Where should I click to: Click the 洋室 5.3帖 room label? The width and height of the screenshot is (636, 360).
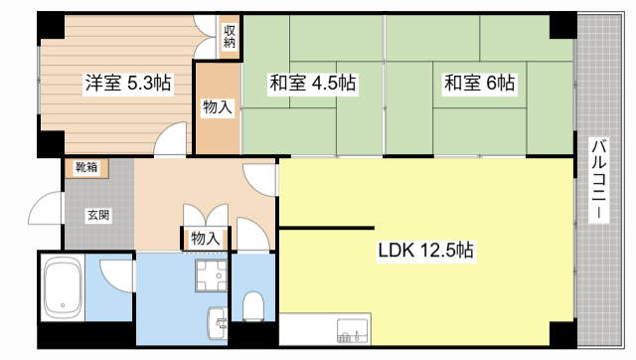click(126, 84)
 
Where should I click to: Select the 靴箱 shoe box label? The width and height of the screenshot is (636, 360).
click(86, 168)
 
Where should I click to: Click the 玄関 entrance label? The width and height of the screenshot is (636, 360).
click(97, 215)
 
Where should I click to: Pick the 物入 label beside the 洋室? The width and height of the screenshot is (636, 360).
click(217, 107)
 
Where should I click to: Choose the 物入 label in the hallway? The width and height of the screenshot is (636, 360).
click(205, 239)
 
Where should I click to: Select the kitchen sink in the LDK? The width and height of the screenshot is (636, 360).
click(354, 329)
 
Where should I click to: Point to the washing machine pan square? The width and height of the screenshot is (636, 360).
click(208, 273)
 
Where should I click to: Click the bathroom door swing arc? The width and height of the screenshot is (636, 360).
click(117, 273)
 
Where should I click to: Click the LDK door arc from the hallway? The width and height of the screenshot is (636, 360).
click(263, 179)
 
